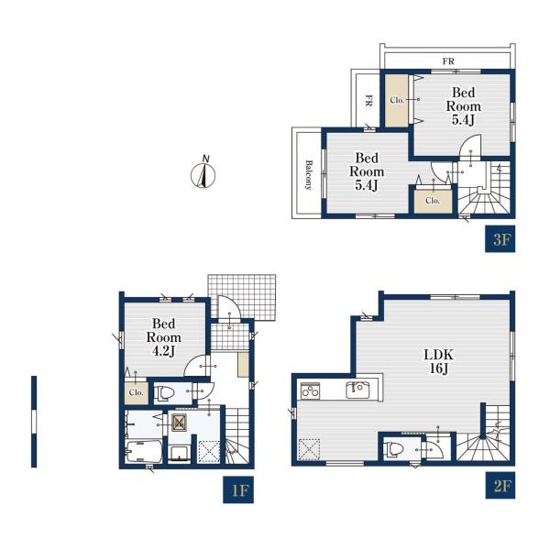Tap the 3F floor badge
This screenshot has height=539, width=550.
[500, 239]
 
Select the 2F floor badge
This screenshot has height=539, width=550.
[500, 485]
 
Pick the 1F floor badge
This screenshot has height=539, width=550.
[238, 489]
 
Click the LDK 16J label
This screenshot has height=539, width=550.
[438, 361]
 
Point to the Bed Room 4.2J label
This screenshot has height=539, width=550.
[164, 337]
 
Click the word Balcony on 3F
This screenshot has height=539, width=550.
[308, 175]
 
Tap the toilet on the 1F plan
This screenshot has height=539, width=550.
[164, 393]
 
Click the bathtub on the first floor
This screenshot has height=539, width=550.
[144, 452]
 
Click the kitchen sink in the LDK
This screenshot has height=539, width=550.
[357, 390]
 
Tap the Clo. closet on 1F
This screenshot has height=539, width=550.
[136, 392]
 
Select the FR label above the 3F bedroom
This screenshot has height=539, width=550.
[448, 61]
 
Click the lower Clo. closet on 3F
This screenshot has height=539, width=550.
[433, 201]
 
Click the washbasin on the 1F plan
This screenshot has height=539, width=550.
[181, 454]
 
